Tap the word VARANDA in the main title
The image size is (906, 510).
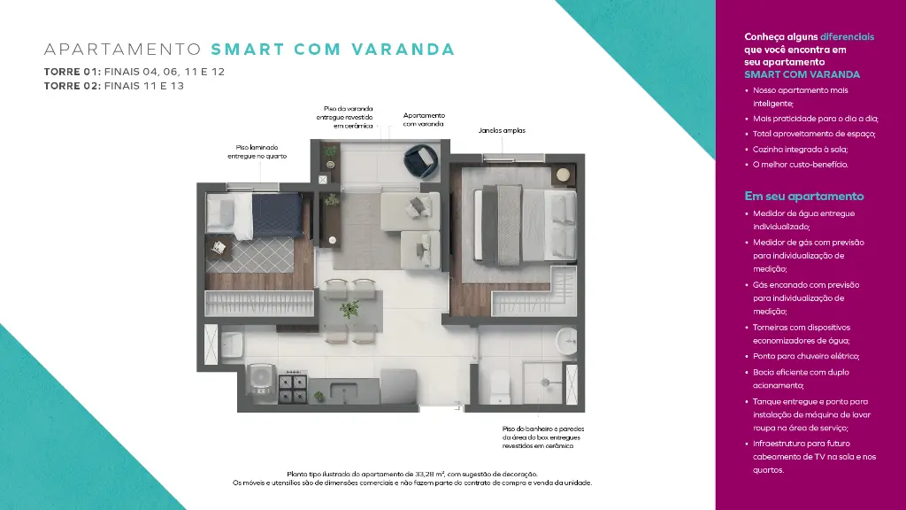[x=403, y=50]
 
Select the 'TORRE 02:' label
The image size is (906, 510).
[x=73, y=86]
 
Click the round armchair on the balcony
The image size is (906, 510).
[x=421, y=161]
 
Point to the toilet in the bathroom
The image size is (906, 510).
[x=499, y=386]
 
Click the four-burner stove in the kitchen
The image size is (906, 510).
[x=293, y=389]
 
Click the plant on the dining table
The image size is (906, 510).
[x=349, y=309]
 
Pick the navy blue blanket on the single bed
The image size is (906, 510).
[x=277, y=215]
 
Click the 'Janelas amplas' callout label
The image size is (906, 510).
[x=502, y=131]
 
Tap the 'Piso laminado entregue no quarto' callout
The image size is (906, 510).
[x=257, y=152]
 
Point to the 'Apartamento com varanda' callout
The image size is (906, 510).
[x=424, y=120]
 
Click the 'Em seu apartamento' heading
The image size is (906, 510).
[x=803, y=197]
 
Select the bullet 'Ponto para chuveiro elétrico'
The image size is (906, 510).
[x=805, y=357]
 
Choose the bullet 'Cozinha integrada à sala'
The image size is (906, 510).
[x=800, y=149]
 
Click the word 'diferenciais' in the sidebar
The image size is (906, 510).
[x=847, y=37]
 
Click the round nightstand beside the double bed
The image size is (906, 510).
[x=563, y=174]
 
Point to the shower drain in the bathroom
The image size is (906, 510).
[x=545, y=382]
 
